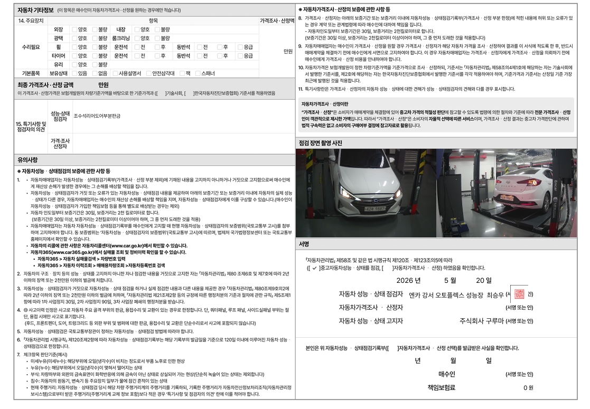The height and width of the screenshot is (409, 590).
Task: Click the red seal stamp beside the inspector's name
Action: point(519,294)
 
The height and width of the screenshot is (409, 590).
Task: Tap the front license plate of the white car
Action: point(375,208)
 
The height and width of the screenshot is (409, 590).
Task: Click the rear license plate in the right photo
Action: point(507,198)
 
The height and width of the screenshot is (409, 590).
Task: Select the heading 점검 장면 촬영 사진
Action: point(320,143)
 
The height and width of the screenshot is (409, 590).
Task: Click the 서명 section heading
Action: point(304,244)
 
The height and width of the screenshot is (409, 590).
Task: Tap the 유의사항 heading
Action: point(27,160)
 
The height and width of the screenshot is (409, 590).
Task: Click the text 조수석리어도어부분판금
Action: point(97,116)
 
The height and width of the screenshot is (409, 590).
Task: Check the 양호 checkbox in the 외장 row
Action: point(74,30)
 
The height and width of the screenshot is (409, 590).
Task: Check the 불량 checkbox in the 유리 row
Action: point(95,65)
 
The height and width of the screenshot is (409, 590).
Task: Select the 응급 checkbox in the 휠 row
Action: point(240,47)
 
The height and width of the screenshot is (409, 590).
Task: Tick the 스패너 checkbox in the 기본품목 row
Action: point(198,73)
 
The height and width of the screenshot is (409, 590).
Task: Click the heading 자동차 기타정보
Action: point(35,10)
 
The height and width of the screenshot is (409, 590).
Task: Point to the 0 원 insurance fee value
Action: point(528,387)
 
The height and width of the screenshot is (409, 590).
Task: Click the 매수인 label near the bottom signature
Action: point(447,374)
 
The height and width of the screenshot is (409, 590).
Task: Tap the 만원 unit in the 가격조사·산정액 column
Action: point(288,52)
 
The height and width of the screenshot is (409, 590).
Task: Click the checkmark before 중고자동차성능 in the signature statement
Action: point(314,268)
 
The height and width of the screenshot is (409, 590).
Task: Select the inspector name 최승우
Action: point(495,295)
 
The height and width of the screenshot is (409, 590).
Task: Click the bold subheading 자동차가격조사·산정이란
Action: point(325,104)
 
